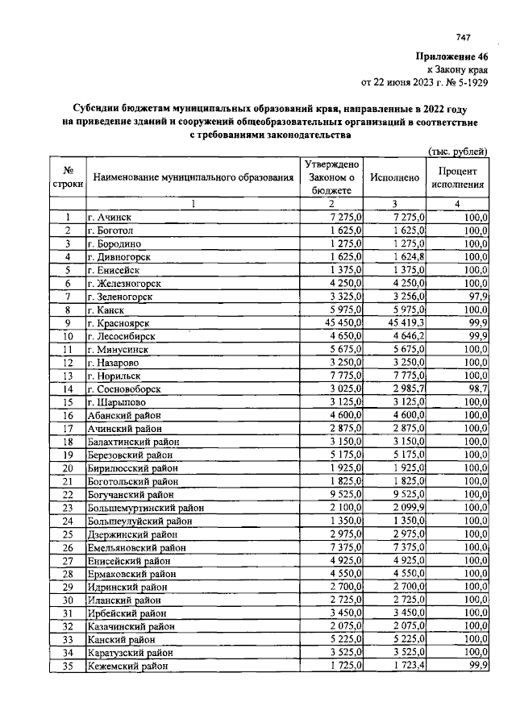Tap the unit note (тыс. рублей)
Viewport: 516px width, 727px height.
(x=456, y=152)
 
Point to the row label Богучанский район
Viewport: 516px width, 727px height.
(x=132, y=494)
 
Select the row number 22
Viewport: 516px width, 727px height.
(x=69, y=494)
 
